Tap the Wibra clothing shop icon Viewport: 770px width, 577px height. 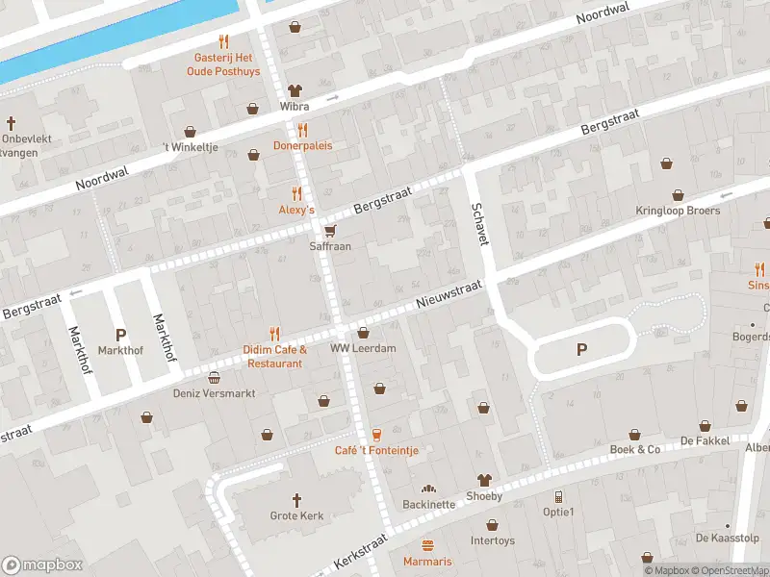click(294, 89)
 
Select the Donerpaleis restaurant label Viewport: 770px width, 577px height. click(302, 146)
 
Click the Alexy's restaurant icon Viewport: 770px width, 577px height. click(296, 192)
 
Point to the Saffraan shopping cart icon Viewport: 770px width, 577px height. click(330, 230)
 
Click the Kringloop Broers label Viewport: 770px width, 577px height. click(678, 211)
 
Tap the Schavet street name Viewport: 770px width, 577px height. click(477, 223)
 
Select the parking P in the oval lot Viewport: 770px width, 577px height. click(581, 350)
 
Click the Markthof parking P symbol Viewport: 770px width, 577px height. click(120, 335)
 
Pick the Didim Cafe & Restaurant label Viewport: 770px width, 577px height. click(274, 357)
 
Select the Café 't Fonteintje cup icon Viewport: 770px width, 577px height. click(376, 434)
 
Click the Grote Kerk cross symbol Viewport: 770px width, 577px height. click(296, 500)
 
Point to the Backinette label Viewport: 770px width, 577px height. click(428, 504)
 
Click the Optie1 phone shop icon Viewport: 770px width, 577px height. click(558, 496)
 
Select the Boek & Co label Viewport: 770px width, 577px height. click(635, 449)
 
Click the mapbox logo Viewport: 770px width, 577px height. click(42, 564)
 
